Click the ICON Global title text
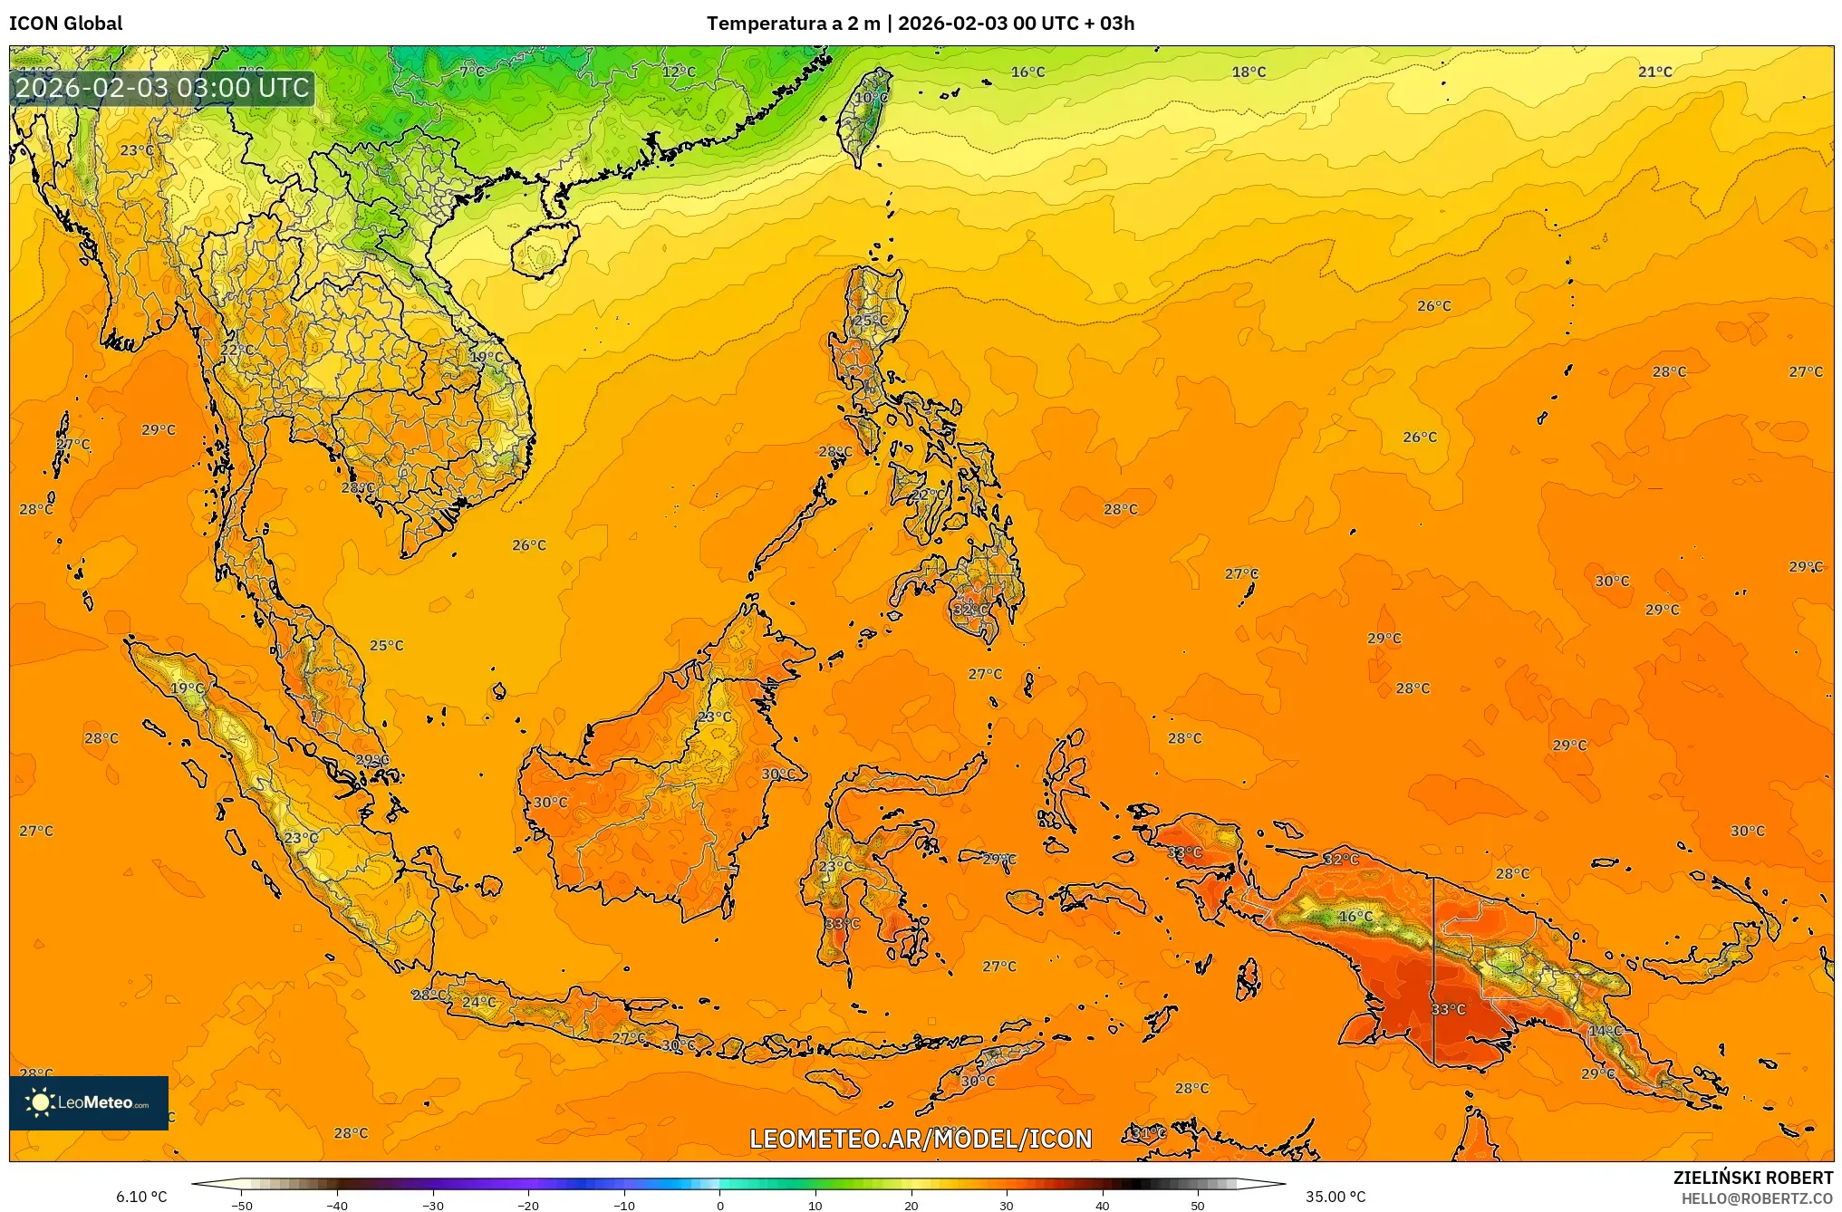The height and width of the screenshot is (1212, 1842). [x=66, y=24]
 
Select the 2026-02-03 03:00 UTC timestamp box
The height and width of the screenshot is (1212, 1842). [x=162, y=88]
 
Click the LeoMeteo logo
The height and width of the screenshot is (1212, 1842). [x=89, y=1102]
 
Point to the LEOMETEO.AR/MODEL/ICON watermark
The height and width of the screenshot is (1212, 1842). [x=921, y=1139]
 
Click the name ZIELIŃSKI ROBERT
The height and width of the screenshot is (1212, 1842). [x=1752, y=1178]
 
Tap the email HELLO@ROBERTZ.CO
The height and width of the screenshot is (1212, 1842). [x=1757, y=1198]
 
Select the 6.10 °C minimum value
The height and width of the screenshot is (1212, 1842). [x=141, y=1197]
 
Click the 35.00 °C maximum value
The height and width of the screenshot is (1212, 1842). [x=1335, y=1197]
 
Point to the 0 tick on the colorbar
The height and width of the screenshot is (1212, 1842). [x=720, y=1206]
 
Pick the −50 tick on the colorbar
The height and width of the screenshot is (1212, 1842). [x=241, y=1206]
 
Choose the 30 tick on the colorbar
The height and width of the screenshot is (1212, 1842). [x=1007, y=1206]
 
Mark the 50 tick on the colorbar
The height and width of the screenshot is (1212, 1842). [x=1198, y=1206]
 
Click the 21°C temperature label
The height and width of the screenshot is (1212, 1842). [x=1654, y=72]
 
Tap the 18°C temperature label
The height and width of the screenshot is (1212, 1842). [x=1249, y=72]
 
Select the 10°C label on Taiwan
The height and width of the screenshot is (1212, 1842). [x=872, y=98]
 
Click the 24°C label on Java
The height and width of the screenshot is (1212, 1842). [x=478, y=1002]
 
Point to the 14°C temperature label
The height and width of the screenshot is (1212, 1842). [x=1605, y=1031]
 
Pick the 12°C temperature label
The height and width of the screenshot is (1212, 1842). [x=679, y=72]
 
